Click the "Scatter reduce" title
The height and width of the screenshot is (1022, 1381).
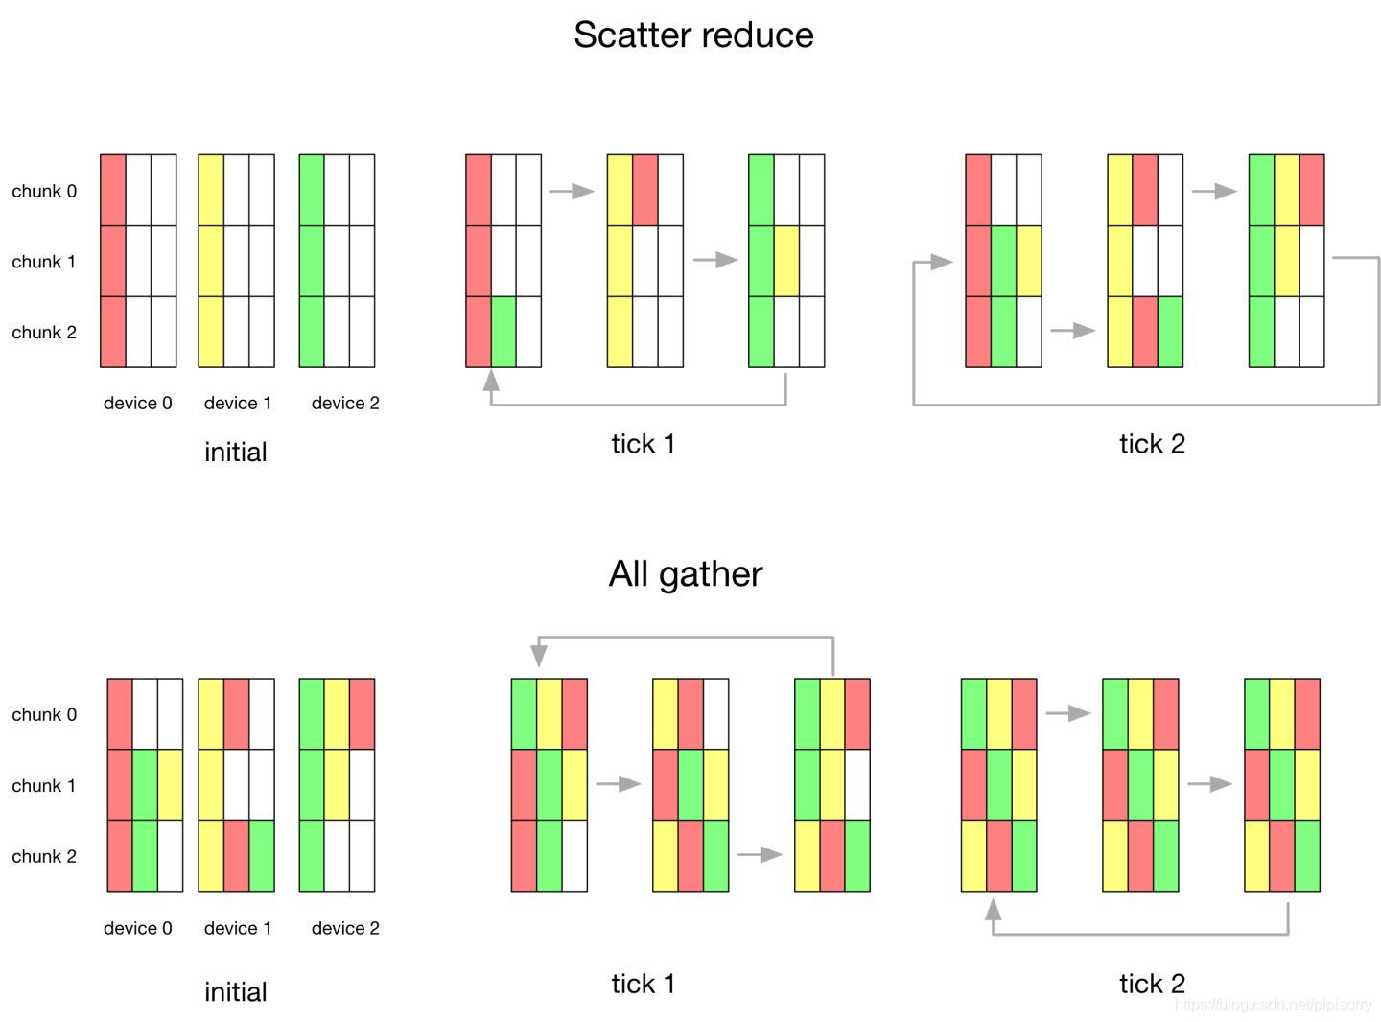click(693, 35)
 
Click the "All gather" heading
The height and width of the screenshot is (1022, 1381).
click(686, 574)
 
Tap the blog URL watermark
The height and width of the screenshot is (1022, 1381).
click(1273, 1005)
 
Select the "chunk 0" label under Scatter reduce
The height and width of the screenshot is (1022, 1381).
click(44, 191)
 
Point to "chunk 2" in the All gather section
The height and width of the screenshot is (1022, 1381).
click(44, 856)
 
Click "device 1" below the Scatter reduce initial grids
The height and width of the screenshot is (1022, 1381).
click(238, 404)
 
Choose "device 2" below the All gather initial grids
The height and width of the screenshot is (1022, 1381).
click(345, 928)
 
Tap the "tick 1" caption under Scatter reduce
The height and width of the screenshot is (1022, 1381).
click(644, 444)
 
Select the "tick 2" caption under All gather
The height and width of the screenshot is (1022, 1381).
click(1152, 984)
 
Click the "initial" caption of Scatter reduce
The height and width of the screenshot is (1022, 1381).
click(236, 453)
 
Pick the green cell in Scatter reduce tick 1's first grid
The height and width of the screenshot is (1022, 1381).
click(503, 332)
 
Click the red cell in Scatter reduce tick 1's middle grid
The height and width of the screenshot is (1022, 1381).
click(645, 190)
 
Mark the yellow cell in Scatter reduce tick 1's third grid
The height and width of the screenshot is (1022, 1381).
click(786, 261)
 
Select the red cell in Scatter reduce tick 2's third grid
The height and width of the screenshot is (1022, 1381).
click(1312, 190)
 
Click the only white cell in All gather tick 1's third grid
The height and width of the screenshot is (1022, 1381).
click(857, 784)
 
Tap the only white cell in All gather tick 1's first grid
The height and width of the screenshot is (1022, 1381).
click(574, 855)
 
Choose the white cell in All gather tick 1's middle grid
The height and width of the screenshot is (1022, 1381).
click(715, 714)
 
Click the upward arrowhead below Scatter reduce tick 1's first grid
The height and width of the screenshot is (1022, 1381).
click(491, 381)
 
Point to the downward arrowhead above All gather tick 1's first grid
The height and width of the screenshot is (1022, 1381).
click(539, 656)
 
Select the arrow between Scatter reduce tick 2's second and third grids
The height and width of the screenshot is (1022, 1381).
click(1215, 191)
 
